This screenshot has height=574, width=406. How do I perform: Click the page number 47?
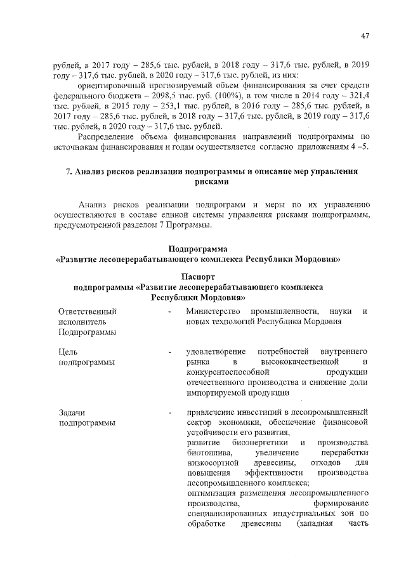click(365, 36)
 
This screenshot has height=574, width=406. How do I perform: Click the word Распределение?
click(107, 136)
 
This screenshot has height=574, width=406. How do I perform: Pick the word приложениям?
click(318, 147)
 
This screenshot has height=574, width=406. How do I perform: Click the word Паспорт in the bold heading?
click(199, 277)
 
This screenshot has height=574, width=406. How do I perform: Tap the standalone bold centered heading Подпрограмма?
click(199, 248)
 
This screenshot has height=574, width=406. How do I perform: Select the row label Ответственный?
click(87, 311)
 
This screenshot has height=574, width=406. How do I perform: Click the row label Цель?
click(68, 351)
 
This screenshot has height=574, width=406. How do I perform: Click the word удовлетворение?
click(219, 351)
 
